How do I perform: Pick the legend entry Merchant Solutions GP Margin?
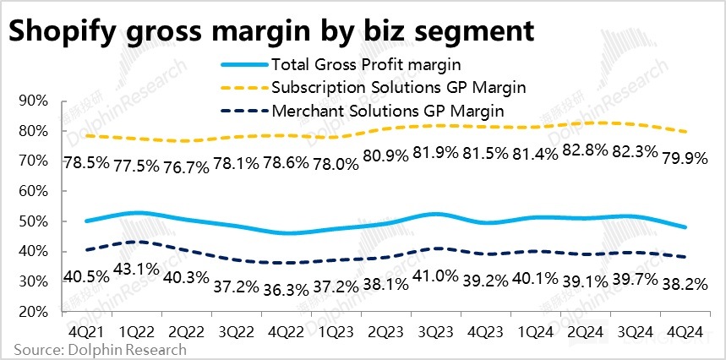(x=389, y=110)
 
